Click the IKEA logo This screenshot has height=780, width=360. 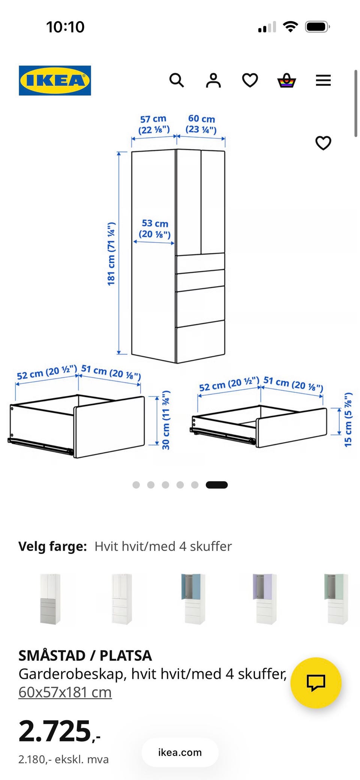tap(55, 81)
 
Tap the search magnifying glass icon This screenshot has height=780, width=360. tap(177, 80)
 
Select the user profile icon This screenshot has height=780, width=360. tap(213, 80)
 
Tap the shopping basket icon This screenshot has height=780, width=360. tap(286, 80)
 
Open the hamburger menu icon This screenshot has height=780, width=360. tap(323, 80)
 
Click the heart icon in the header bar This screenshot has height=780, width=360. tap(250, 80)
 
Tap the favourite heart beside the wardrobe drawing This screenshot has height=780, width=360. tap(323, 143)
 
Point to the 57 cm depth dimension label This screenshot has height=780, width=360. tap(154, 124)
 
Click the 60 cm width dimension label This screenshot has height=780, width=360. tap(201, 124)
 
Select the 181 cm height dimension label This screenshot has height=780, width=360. tap(111, 254)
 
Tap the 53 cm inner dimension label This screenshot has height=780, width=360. tap(155, 229)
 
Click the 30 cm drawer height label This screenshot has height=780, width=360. tap(166, 420)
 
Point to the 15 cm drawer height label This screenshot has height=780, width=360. tap(348, 419)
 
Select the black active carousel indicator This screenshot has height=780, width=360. tap(217, 485)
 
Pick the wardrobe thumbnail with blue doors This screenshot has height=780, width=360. tap(193, 599)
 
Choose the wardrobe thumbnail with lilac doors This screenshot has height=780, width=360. tap(265, 599)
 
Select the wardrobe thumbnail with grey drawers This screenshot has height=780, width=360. tap(50, 599)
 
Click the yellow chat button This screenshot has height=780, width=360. tap(316, 683)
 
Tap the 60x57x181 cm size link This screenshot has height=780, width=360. tap(65, 692)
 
